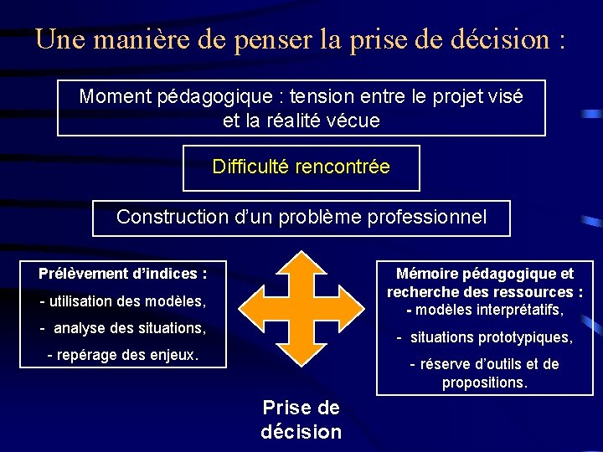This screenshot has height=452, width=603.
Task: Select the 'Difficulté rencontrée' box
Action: tap(301, 167)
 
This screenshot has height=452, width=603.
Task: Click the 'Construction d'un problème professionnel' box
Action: tap(301, 218)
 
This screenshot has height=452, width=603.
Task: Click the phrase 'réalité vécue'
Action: tap(322, 121)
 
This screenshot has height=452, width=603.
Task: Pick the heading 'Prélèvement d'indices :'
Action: tap(122, 274)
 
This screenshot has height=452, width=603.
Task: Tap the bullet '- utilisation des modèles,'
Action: tap(121, 300)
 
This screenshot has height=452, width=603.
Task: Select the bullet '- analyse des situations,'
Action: tap(121, 327)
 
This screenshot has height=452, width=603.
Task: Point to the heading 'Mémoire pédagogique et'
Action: tap(485, 274)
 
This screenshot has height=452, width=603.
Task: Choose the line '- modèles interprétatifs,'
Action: tap(485, 311)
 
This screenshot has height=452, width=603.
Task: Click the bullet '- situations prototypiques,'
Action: tap(485, 337)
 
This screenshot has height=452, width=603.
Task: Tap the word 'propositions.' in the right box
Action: tap(485, 383)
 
